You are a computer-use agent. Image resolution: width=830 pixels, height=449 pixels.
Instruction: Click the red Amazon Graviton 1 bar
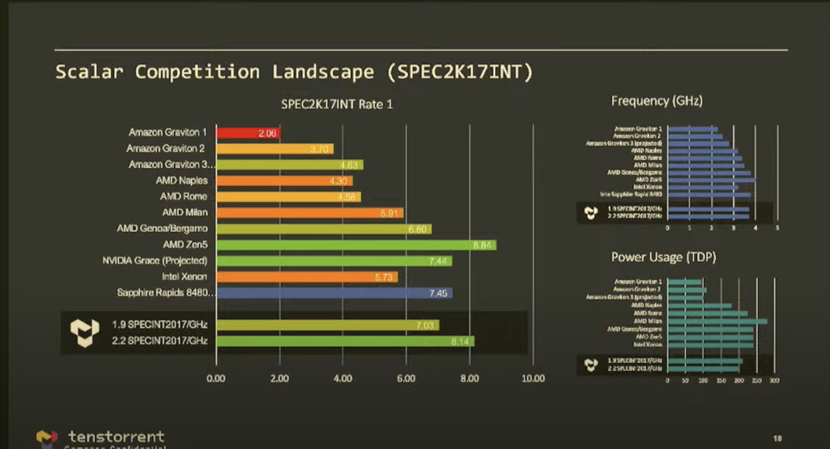[x=248, y=133]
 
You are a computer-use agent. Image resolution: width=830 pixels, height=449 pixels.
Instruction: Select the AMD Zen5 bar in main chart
[x=356, y=245]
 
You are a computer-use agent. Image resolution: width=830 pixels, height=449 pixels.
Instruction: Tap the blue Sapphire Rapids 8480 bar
[x=334, y=293]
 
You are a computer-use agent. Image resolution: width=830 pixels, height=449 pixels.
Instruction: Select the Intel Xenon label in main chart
[x=184, y=277]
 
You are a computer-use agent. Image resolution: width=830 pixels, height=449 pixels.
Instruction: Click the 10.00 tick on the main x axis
[x=532, y=378]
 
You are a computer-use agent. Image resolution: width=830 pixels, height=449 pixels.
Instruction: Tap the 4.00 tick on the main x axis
[x=342, y=378]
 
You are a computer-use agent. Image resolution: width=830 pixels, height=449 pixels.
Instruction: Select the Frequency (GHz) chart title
[x=656, y=101]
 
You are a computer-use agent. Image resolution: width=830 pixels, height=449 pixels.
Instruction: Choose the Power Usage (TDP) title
[x=663, y=257]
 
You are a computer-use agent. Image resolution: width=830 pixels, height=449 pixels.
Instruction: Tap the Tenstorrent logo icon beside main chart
[x=84, y=333]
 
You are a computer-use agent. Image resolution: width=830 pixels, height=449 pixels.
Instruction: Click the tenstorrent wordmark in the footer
[x=116, y=437]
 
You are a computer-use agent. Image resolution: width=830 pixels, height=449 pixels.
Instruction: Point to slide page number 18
[x=777, y=438]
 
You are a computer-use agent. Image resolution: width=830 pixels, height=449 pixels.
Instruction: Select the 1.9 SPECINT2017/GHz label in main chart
[x=160, y=324]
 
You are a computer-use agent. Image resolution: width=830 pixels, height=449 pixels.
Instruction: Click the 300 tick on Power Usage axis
[x=775, y=381]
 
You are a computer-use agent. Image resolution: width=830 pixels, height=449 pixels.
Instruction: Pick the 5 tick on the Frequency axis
[x=777, y=227]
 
